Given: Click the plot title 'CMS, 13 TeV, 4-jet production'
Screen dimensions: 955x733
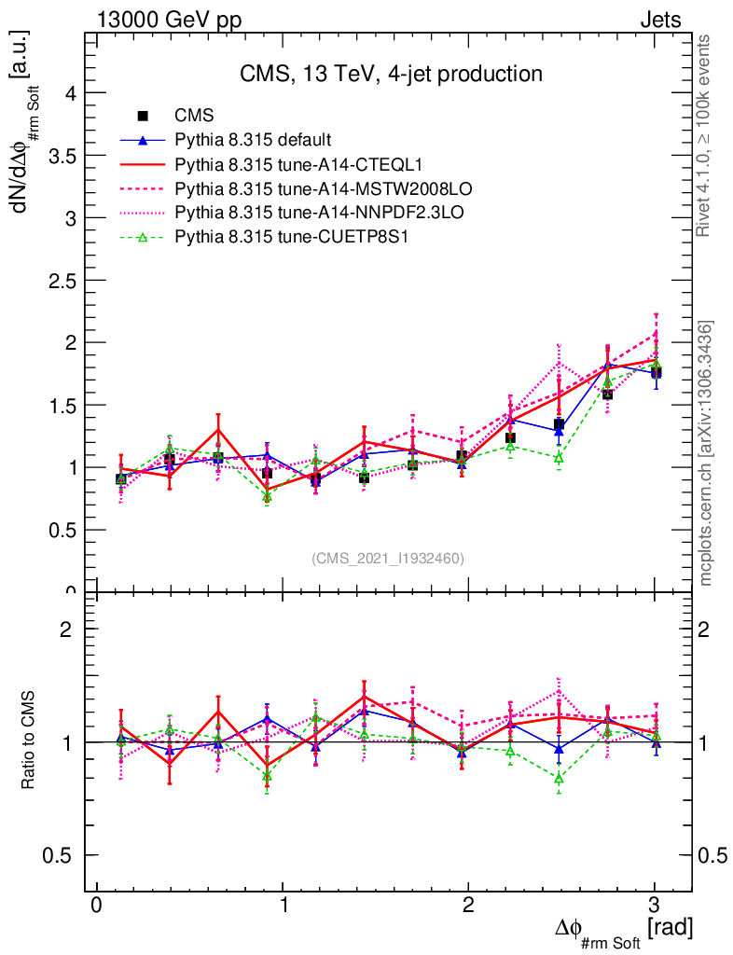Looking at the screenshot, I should point(390,75).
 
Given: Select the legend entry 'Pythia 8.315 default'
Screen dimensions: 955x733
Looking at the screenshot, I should point(253,140).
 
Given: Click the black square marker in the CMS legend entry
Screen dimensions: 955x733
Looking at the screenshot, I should point(143,116).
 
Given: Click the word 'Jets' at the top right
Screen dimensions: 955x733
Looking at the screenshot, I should point(659,20).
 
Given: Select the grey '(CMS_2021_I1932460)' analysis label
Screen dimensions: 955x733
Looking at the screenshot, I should point(388,558).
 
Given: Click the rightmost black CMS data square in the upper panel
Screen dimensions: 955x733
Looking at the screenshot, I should point(656,373).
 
